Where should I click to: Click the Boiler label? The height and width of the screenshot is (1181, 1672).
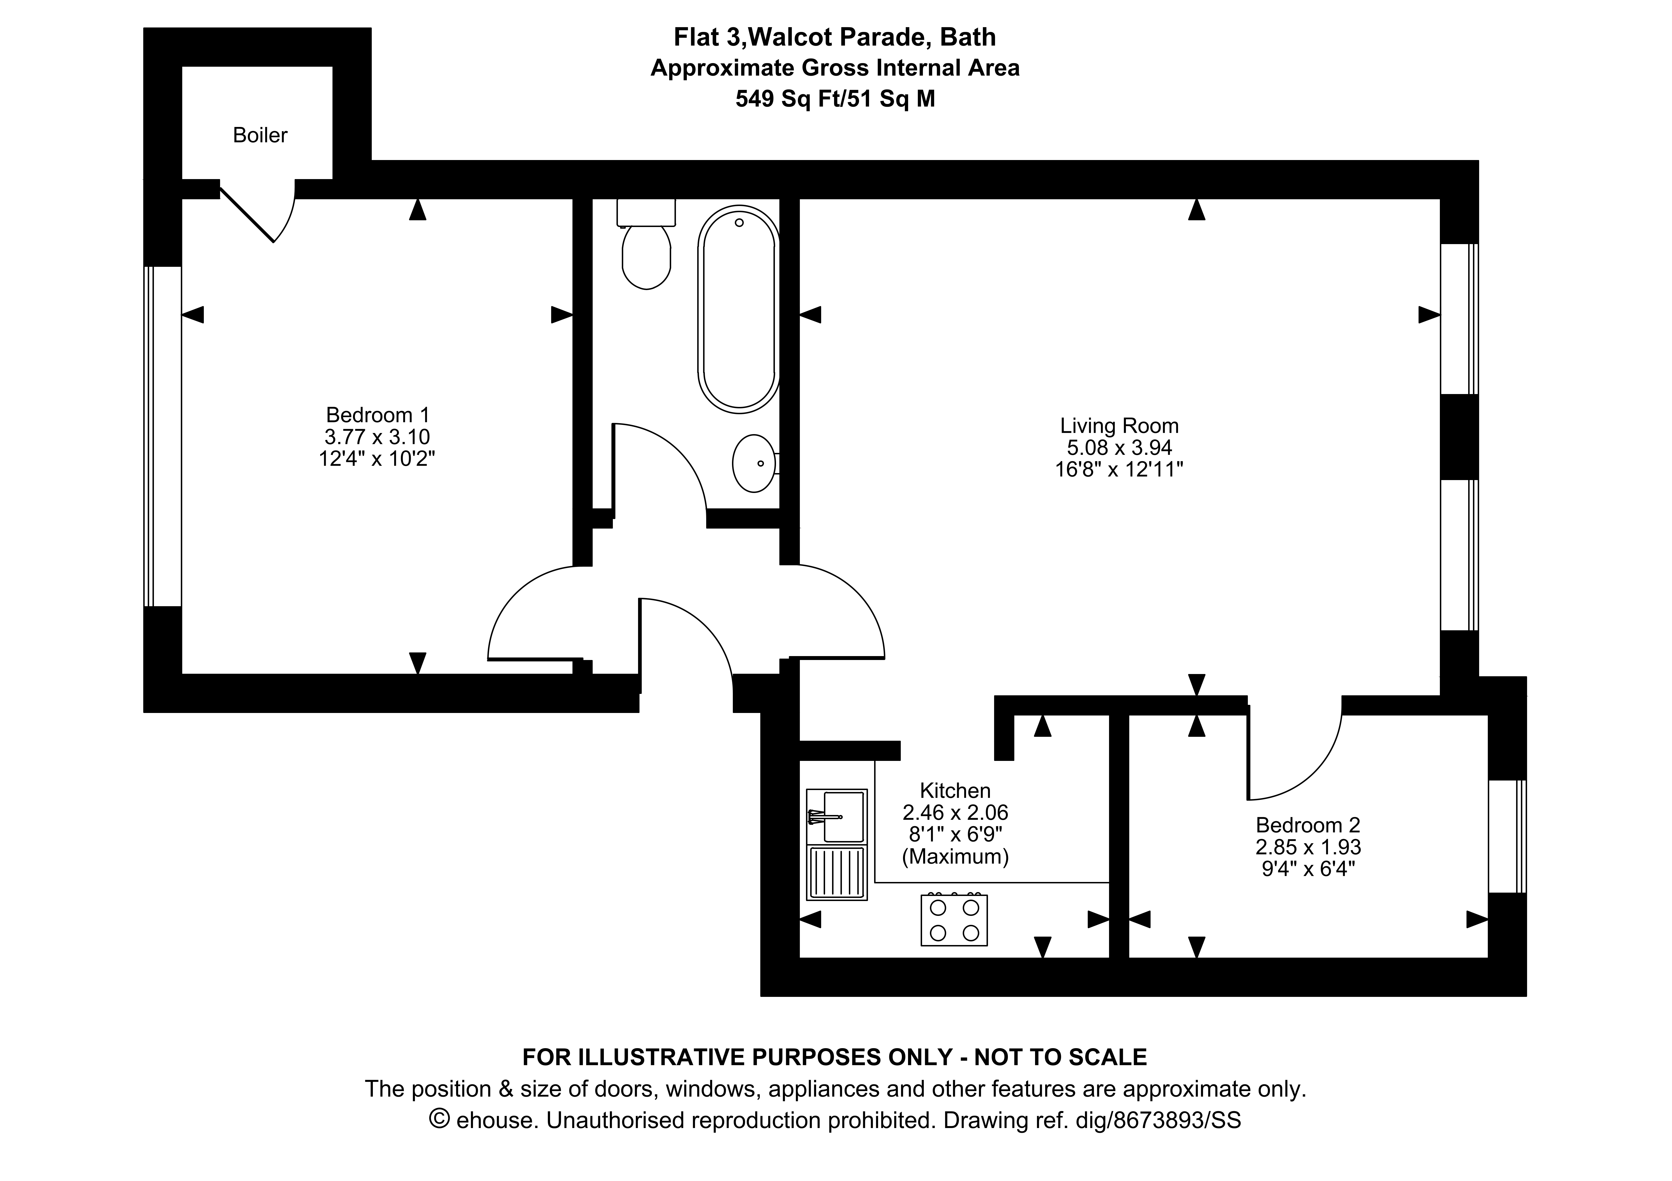tap(260, 135)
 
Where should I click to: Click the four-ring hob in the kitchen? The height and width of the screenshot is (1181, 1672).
tap(954, 920)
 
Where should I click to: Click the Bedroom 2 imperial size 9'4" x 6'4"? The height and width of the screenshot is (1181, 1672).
tap(1308, 869)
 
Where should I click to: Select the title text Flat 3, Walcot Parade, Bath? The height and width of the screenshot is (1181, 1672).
tap(835, 36)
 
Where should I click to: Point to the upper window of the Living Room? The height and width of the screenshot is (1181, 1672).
tap(1459, 319)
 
